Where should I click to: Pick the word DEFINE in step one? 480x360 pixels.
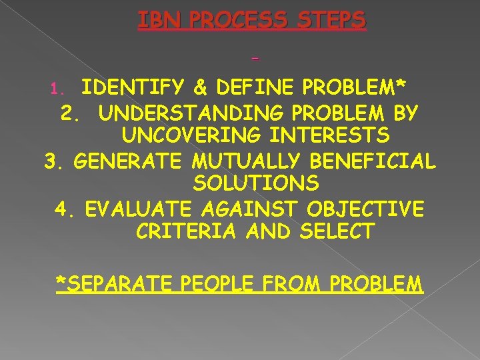pos(244,88)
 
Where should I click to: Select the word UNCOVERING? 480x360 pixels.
pos(195,136)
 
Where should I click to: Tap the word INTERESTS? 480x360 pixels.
pos(332,136)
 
